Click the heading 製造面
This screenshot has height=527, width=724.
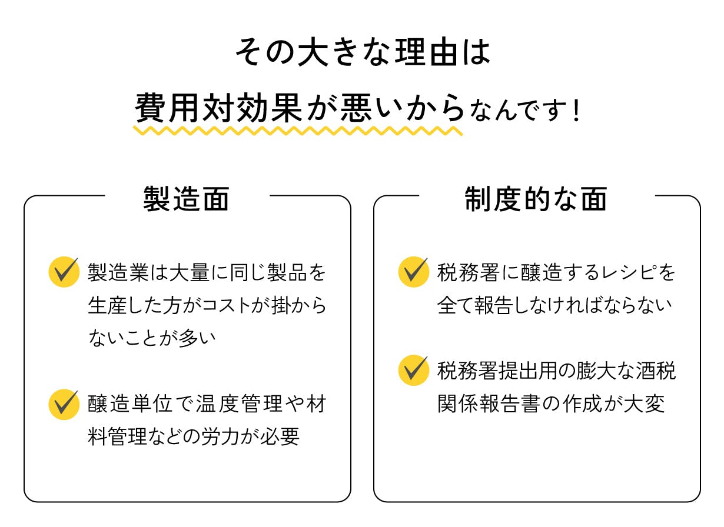[x=186, y=199]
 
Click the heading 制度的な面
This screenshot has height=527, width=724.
[x=536, y=199]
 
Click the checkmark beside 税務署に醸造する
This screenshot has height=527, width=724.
[x=414, y=272]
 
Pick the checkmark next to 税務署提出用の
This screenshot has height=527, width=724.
[x=414, y=370]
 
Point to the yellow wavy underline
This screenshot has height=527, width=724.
[x=298, y=130]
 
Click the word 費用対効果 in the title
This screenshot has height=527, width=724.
[x=218, y=108]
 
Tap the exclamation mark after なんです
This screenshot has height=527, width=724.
[x=576, y=111]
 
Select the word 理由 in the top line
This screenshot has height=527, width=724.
[x=423, y=52]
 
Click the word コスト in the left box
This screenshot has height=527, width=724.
[x=227, y=306]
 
